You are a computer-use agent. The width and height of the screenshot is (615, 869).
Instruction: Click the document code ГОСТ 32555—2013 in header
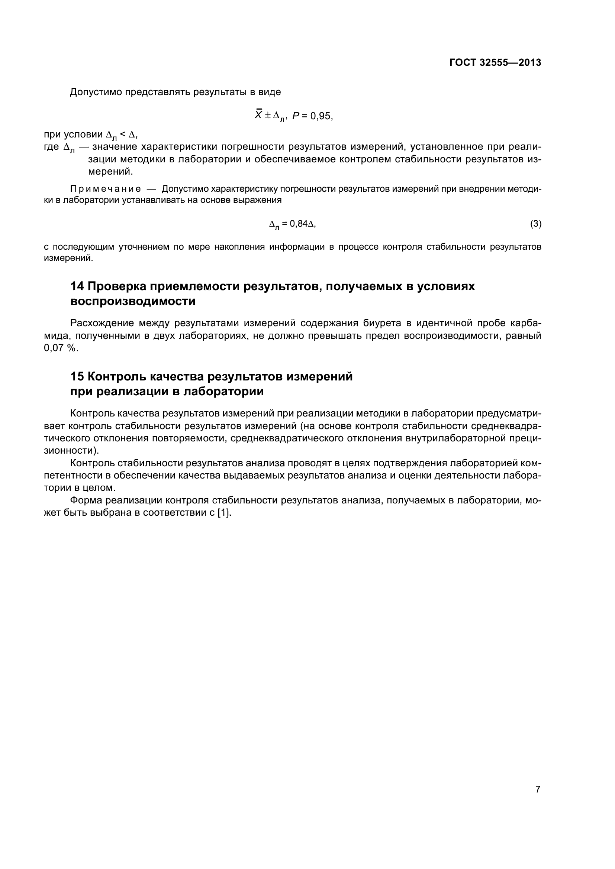(495, 63)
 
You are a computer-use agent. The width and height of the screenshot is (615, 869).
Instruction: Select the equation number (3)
(535, 224)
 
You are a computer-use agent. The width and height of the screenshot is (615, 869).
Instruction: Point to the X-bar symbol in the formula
(259, 115)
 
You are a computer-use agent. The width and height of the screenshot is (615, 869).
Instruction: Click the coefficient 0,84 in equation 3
(299, 224)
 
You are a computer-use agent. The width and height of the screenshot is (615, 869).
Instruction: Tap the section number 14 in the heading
(77, 286)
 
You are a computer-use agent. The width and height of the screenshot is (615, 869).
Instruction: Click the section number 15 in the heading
(77, 377)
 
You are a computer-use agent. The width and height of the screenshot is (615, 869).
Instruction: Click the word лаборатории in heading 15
(223, 391)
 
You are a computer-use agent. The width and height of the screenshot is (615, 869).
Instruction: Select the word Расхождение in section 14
(102, 323)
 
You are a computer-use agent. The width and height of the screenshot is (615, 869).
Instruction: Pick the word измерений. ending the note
(68, 258)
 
